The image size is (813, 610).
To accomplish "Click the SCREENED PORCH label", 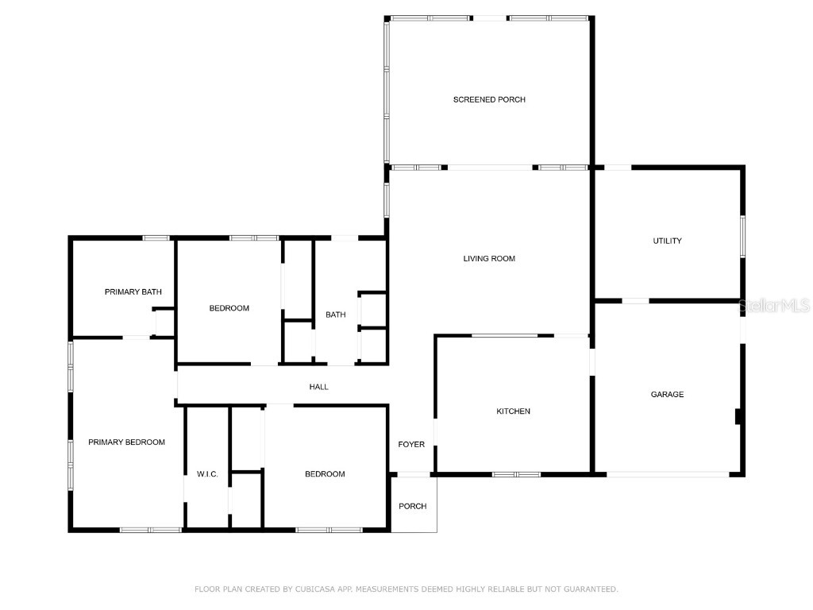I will tap(489, 99).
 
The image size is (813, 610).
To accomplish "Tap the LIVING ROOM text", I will tap(489, 258).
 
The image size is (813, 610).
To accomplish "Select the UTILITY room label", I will tap(667, 241).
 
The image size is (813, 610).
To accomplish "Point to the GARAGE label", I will tap(667, 394).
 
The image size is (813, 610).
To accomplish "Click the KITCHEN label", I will tap(513, 411).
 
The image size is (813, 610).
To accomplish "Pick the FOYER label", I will tap(411, 444).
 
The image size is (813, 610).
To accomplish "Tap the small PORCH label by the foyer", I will tap(412, 506).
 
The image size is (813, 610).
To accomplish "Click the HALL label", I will tap(318, 387).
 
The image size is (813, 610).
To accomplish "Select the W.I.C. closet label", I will tap(207, 474).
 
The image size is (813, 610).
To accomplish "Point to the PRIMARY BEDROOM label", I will tap(126, 442).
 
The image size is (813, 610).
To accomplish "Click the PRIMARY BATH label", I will tap(133, 292).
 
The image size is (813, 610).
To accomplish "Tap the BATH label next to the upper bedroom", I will tap(335, 315).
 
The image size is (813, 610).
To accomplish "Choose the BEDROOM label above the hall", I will tap(229, 308).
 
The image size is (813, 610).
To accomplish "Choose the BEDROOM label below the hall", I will tap(325, 474).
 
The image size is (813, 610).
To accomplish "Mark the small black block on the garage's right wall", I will tap(738, 416).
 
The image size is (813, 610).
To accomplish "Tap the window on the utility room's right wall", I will tap(743, 236).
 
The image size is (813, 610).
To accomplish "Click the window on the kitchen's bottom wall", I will tap(516, 474).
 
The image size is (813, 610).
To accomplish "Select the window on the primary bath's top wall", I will tap(156, 237).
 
